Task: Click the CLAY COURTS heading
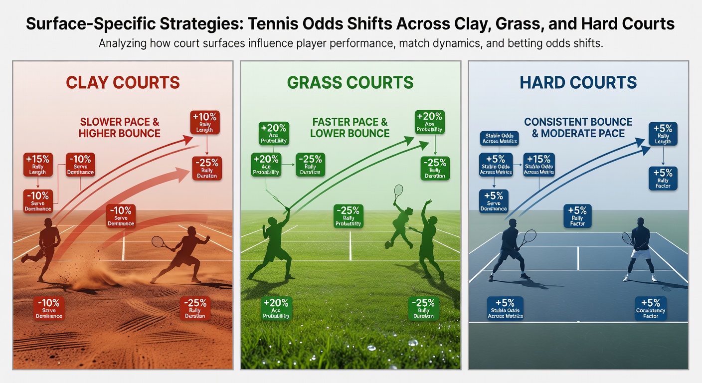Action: (x=123, y=82)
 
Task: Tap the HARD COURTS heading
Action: (x=578, y=82)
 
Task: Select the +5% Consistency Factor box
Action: (x=651, y=308)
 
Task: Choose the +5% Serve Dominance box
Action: (x=493, y=201)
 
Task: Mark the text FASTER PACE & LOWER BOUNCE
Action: (x=350, y=127)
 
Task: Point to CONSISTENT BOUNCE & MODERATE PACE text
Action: (x=578, y=127)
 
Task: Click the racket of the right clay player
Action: (x=159, y=242)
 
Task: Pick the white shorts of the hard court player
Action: (x=640, y=254)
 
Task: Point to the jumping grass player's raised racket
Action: (x=398, y=191)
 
